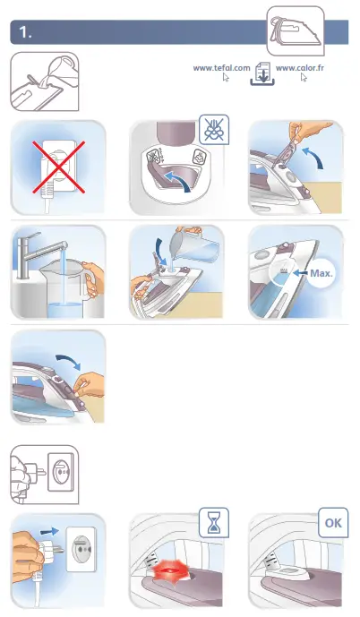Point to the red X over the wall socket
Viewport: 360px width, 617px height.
coord(57,167)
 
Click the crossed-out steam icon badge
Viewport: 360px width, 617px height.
coord(213,130)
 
